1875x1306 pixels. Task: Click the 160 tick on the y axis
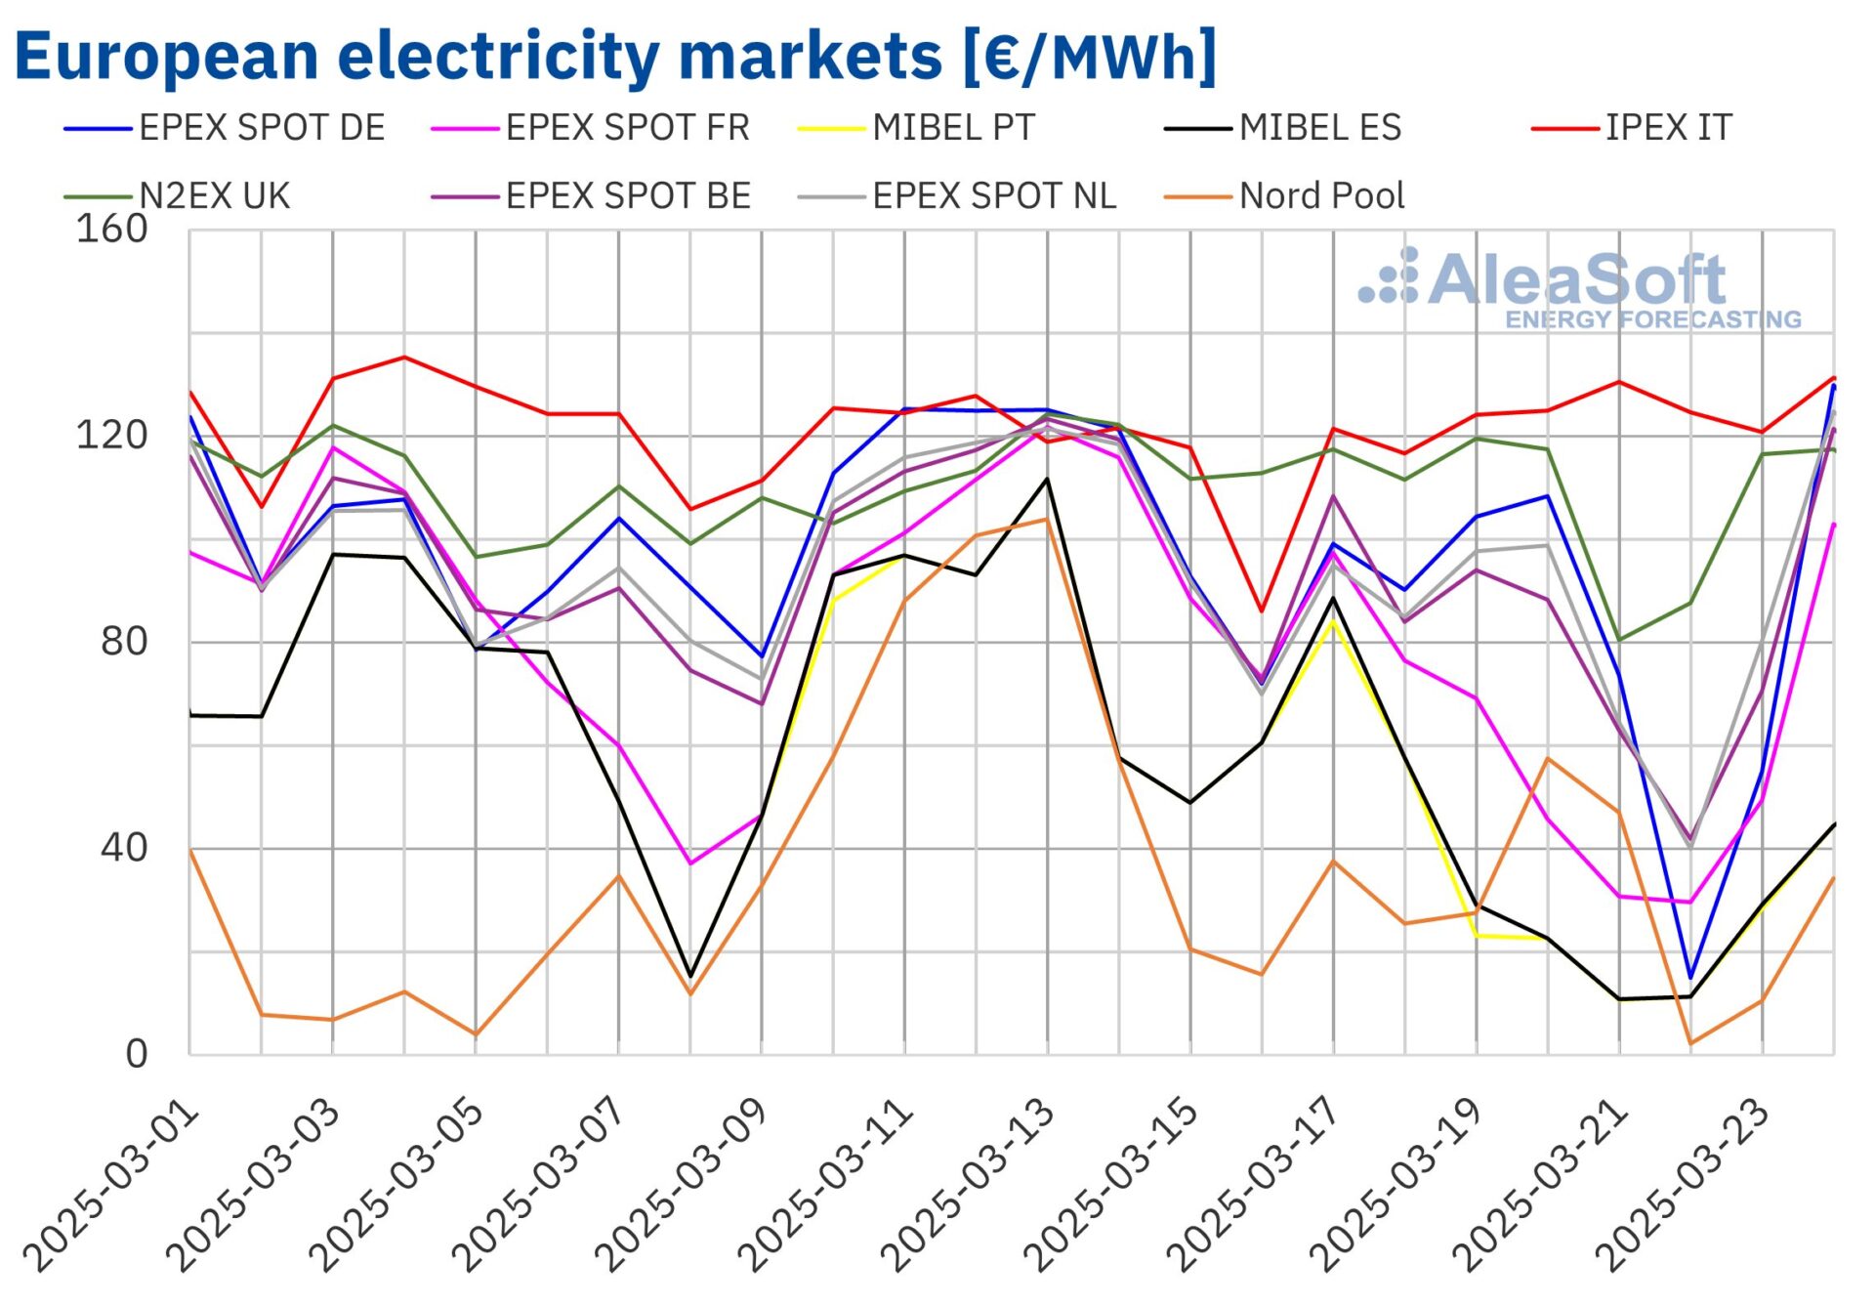111,230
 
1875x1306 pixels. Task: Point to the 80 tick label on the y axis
123,642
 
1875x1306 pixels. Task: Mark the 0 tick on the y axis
136,1054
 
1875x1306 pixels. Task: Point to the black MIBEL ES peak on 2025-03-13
1047,479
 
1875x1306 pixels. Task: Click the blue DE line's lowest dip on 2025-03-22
1690,978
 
